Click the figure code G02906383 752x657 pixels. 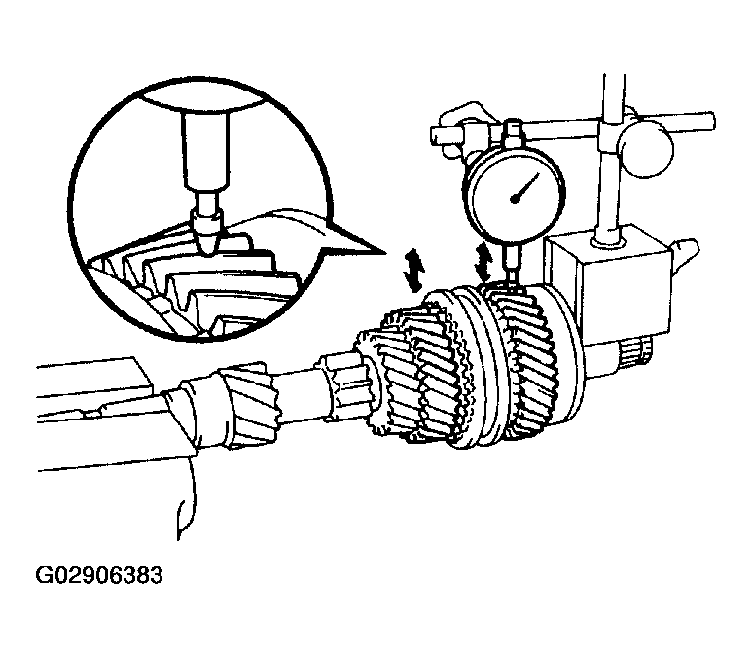(100, 575)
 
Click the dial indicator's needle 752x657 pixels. (525, 187)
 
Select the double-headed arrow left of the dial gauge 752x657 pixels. (412, 271)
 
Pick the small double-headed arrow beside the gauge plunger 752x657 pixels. (483, 262)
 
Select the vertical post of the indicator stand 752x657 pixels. (611, 159)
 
